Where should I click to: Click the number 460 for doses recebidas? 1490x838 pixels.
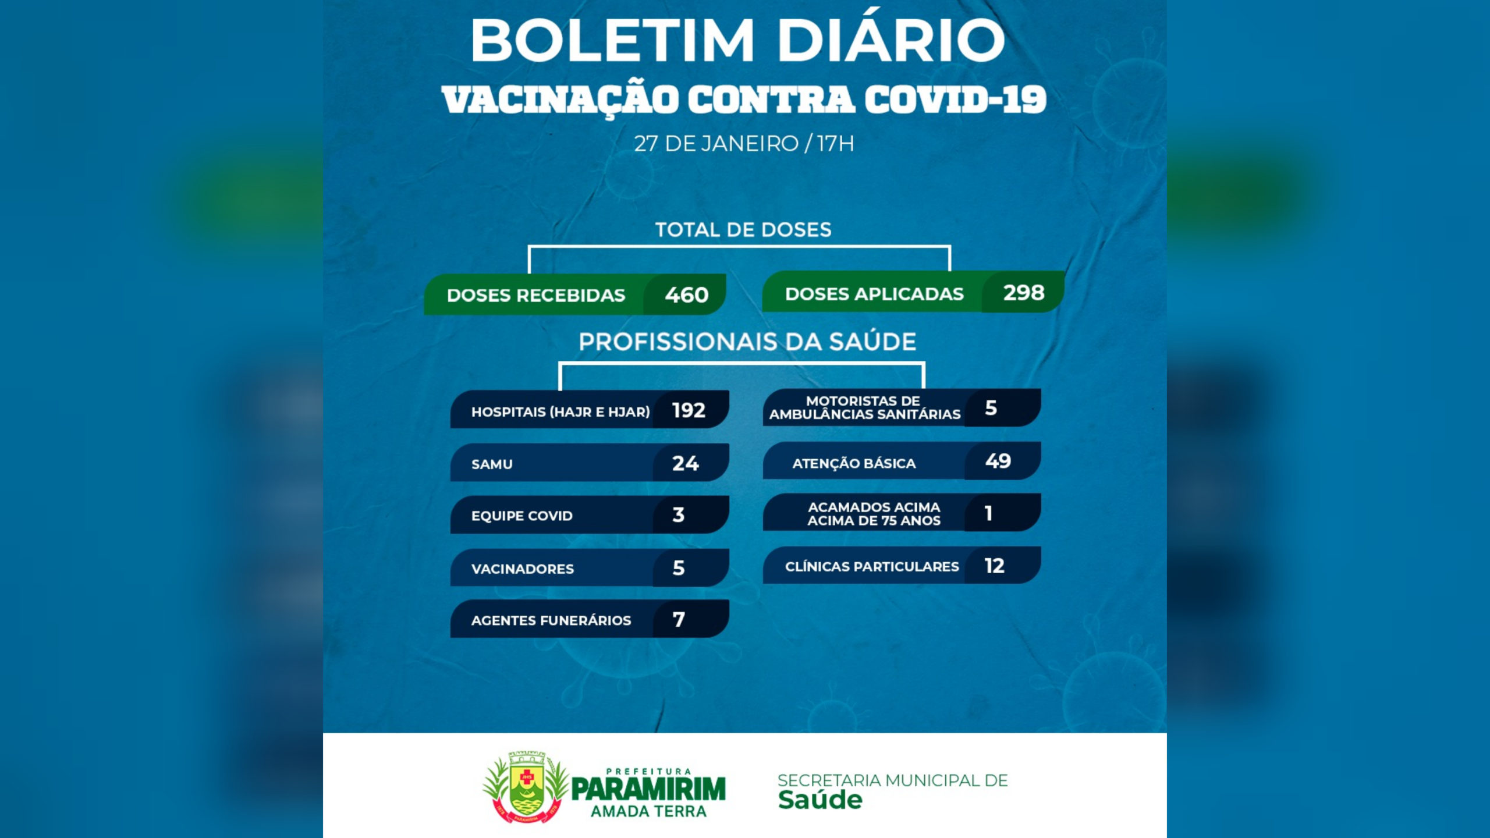(x=687, y=295)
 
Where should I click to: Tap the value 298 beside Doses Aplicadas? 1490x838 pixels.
(x=1024, y=292)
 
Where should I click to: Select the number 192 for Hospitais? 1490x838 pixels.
(x=689, y=410)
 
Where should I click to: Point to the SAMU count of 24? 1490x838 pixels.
(x=685, y=463)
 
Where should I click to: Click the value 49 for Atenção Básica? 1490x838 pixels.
(x=998, y=461)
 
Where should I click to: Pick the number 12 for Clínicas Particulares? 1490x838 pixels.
(x=994, y=566)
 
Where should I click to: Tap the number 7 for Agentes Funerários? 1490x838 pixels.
(x=679, y=619)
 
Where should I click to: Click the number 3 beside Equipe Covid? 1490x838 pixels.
(x=679, y=514)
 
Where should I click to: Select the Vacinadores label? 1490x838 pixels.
(x=522, y=569)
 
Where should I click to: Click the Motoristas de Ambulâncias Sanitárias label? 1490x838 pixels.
(x=864, y=407)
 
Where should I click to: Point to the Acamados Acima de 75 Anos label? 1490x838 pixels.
(x=874, y=514)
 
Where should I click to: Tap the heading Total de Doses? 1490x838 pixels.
(x=743, y=230)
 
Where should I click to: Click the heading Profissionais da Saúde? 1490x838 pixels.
(x=747, y=342)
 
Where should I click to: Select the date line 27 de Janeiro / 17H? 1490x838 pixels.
(x=744, y=143)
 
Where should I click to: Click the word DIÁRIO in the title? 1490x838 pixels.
(x=891, y=40)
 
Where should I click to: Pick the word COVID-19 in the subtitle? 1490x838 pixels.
(x=955, y=99)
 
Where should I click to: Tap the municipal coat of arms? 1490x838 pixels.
(x=526, y=787)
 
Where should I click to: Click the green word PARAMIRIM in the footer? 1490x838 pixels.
(x=648, y=789)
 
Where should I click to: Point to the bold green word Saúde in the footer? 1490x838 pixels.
(x=820, y=800)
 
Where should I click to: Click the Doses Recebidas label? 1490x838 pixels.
(x=535, y=295)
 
